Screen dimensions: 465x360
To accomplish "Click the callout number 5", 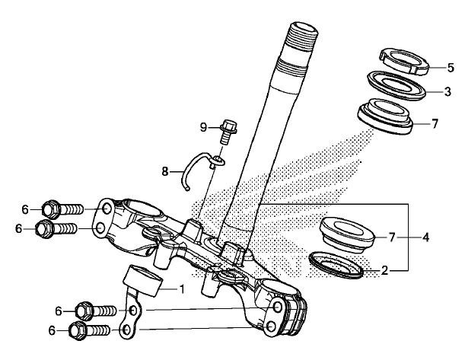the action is pos(451,68).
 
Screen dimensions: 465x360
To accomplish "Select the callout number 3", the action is pos(447,91).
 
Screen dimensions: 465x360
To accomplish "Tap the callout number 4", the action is pos(425,237).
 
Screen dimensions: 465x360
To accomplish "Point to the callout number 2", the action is pos(384,270).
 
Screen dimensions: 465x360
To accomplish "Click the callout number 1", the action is pos(182,288).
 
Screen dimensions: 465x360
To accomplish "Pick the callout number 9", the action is pos(203,128).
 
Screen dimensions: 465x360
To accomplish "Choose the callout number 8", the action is pos(165,171).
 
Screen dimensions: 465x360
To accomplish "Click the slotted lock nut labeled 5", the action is pos(405,61).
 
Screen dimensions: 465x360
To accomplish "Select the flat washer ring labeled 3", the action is pos(397,84).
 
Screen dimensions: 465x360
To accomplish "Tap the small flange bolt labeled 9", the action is pos(228,132).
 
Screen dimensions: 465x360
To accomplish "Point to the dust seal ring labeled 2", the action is pos(336,265).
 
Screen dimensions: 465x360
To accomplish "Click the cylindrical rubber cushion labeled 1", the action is pos(142,281).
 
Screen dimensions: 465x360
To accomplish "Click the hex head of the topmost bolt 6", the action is pos(49,209).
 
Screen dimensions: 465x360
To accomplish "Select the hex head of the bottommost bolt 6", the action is pos(78,330).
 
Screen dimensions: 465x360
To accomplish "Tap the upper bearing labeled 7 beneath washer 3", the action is pos(385,116).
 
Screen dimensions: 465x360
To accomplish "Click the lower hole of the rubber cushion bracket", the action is pos(126,330).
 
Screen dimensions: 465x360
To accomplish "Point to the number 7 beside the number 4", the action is pos(392,237).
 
